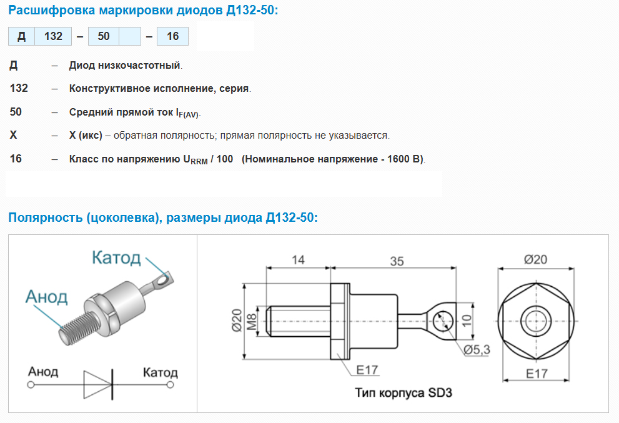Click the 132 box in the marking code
[x=53, y=36]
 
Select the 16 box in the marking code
[x=172, y=36]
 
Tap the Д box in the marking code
[x=22, y=36]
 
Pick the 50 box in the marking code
[x=104, y=36]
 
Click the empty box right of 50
[x=130, y=36]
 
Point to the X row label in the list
[x=13, y=135]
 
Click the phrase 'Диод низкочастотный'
[x=125, y=65]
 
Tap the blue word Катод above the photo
[x=116, y=257]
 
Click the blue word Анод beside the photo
[x=47, y=297]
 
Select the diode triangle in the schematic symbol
[x=97, y=384]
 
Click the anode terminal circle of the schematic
[x=31, y=384]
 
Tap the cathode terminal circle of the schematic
[x=170, y=384]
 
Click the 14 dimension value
[x=298, y=260]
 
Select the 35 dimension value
[x=397, y=261]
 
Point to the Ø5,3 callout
[x=477, y=349]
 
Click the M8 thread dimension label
[x=252, y=322]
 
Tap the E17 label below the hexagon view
[x=537, y=374]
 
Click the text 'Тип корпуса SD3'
[x=404, y=392]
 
